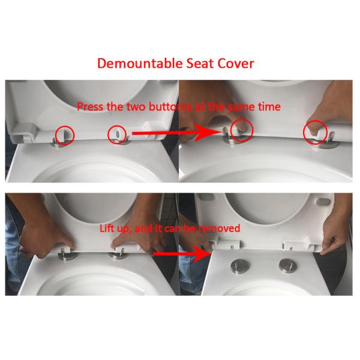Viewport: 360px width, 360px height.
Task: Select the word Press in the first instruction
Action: [90, 107]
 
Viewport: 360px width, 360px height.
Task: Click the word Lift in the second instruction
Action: [107, 228]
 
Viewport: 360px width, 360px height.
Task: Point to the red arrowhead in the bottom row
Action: [203, 254]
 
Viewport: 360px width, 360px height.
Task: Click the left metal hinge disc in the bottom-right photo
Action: [240, 266]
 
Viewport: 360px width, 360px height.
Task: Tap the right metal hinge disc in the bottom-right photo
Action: [288, 266]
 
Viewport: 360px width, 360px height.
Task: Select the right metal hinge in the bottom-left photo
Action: [118, 254]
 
